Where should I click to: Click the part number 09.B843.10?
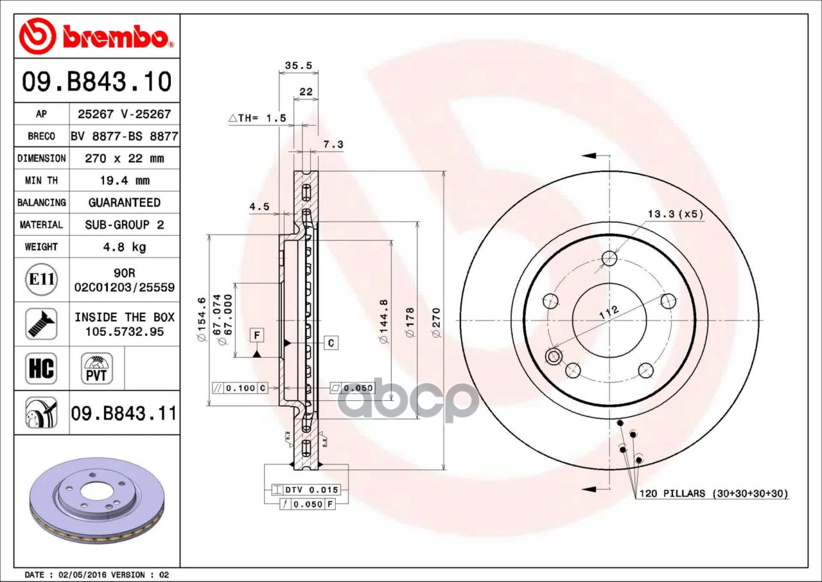(97, 82)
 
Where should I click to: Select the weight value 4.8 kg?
(125, 247)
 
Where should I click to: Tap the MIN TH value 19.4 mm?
(125, 181)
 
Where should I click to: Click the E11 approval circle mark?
(42, 279)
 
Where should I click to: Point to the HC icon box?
(41, 369)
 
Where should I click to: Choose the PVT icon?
(96, 369)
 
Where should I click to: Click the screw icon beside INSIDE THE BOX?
(41, 324)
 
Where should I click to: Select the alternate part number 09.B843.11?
(124, 413)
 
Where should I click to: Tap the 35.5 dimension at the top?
(299, 66)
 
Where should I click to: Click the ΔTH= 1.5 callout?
(258, 118)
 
